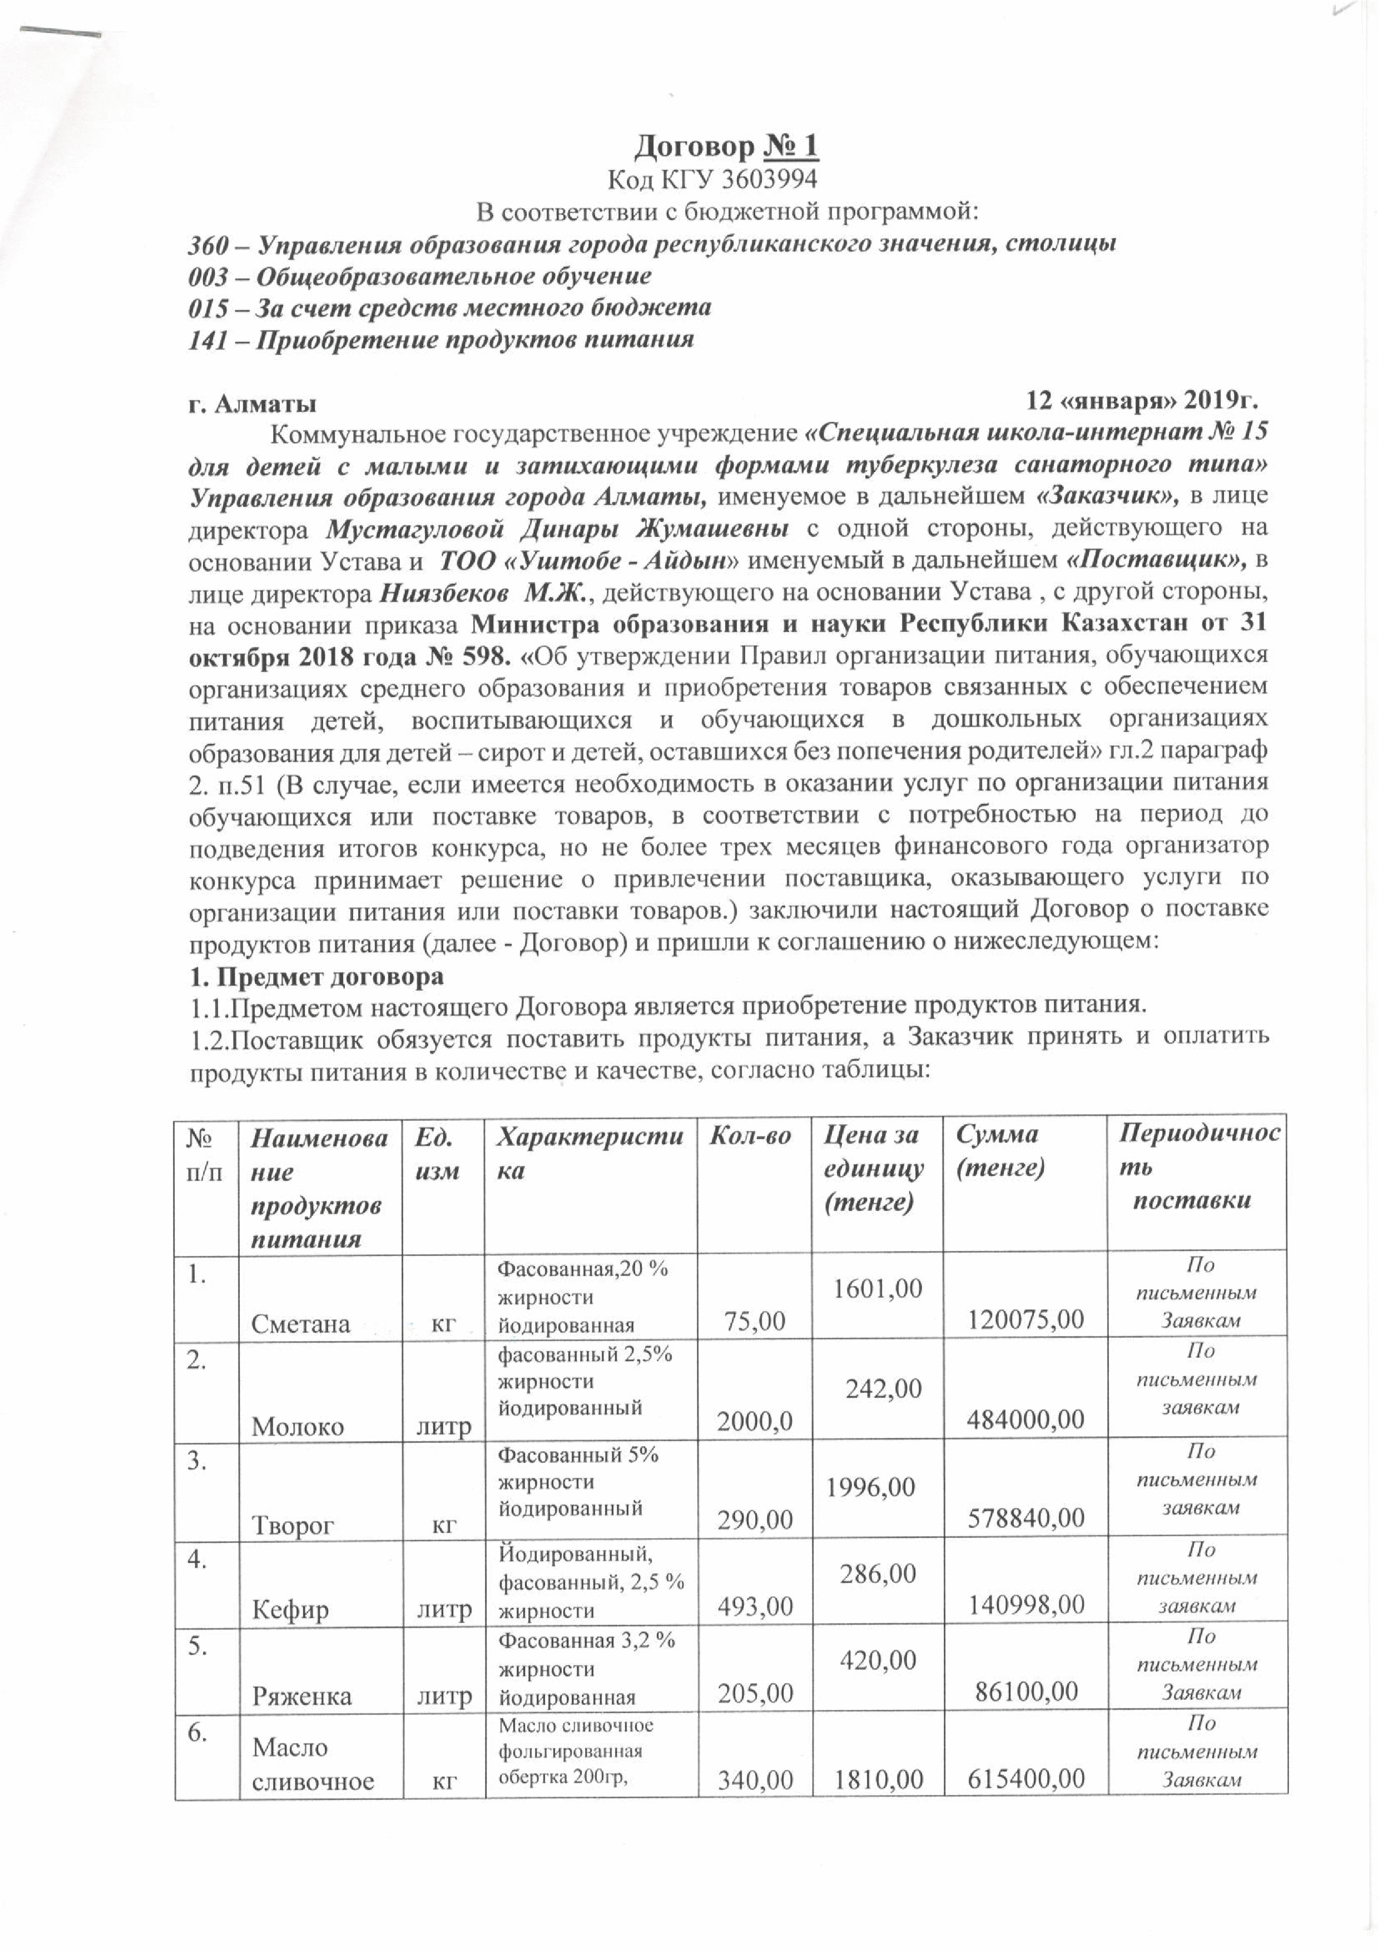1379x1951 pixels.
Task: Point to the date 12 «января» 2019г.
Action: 1143,400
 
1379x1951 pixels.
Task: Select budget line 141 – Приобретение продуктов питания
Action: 440,340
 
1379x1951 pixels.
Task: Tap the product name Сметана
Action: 301,1323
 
